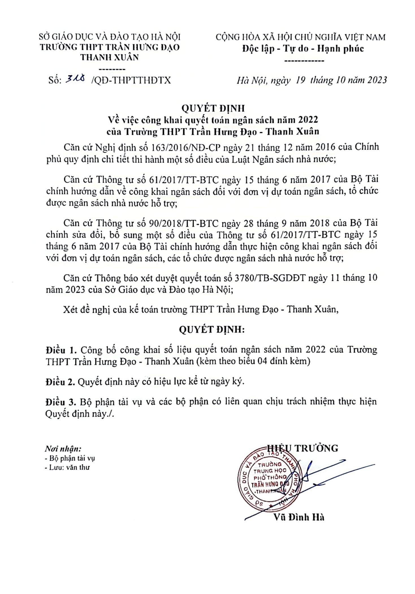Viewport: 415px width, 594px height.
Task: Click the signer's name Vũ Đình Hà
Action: click(299, 517)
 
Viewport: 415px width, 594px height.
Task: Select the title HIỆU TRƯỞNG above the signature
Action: click(302, 448)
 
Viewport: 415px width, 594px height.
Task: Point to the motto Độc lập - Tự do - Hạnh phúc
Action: click(303, 49)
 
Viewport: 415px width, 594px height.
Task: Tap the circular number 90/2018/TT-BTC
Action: click(184, 223)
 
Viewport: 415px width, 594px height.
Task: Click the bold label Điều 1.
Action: click(61, 350)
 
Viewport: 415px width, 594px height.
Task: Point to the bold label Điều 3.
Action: click(61, 402)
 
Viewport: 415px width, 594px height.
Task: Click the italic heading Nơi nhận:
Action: click(63, 449)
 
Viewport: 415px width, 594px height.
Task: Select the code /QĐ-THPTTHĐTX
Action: click(131, 80)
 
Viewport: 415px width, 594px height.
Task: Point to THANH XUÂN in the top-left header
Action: click(110, 57)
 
